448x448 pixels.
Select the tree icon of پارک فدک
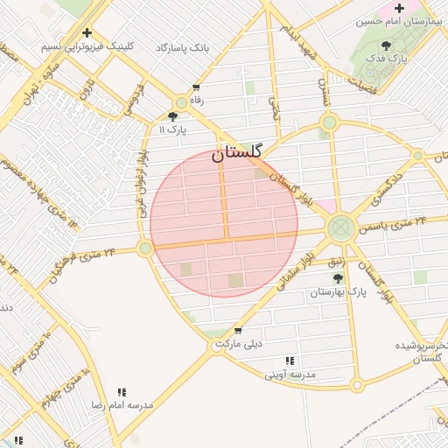(x=386, y=45)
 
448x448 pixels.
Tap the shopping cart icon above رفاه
(x=196, y=87)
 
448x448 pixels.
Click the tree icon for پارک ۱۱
(x=172, y=115)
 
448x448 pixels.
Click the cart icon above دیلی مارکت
(x=238, y=331)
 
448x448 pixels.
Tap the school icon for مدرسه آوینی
(x=290, y=360)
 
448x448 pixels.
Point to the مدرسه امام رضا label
(x=122, y=406)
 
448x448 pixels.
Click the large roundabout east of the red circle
(x=340, y=229)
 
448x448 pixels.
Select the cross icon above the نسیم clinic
(x=87, y=32)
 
